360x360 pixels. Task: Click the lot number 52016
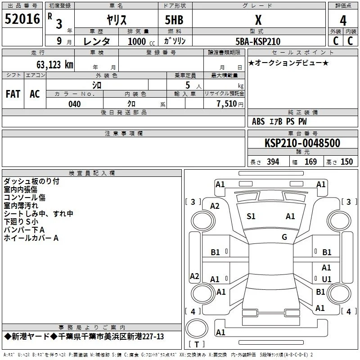point(22,19)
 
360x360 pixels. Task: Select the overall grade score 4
point(343,21)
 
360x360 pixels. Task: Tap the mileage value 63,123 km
point(55,65)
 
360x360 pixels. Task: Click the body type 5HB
point(174,20)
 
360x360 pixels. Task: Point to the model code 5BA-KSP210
point(258,41)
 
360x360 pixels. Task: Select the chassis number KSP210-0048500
point(302,143)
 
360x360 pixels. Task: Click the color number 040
point(74,104)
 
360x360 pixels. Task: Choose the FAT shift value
point(13,94)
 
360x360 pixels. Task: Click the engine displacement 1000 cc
point(141,41)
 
